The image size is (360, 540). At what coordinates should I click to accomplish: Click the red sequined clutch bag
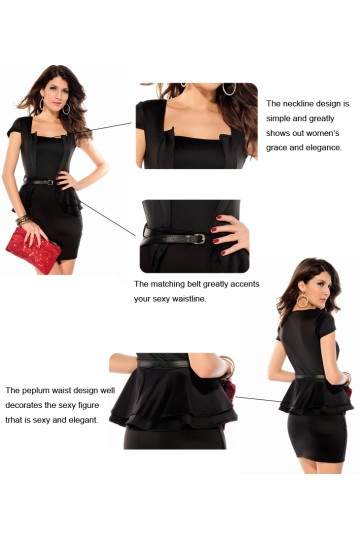click(33, 250)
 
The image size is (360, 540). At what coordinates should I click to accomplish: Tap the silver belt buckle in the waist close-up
click(200, 239)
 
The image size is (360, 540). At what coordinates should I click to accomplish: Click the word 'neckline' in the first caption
click(297, 104)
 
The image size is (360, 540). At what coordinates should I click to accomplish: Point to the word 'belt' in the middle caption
click(194, 284)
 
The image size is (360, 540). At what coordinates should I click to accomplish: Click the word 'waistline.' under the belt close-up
click(189, 299)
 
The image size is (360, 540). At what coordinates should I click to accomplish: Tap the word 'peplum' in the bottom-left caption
click(35, 391)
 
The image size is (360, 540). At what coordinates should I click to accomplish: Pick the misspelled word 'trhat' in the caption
click(13, 420)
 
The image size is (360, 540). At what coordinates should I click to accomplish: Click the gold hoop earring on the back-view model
click(302, 300)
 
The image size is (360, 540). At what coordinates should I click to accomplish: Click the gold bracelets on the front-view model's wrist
click(23, 220)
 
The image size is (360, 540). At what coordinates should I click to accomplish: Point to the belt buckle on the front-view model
click(50, 182)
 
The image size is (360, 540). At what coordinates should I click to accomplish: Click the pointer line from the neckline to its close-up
click(107, 126)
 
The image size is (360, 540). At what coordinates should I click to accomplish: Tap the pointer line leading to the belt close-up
click(108, 219)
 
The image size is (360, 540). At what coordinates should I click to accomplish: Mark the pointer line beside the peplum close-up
click(258, 399)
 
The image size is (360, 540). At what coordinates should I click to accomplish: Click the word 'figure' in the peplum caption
click(88, 405)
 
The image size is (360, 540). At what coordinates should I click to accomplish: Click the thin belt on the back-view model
click(311, 377)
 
